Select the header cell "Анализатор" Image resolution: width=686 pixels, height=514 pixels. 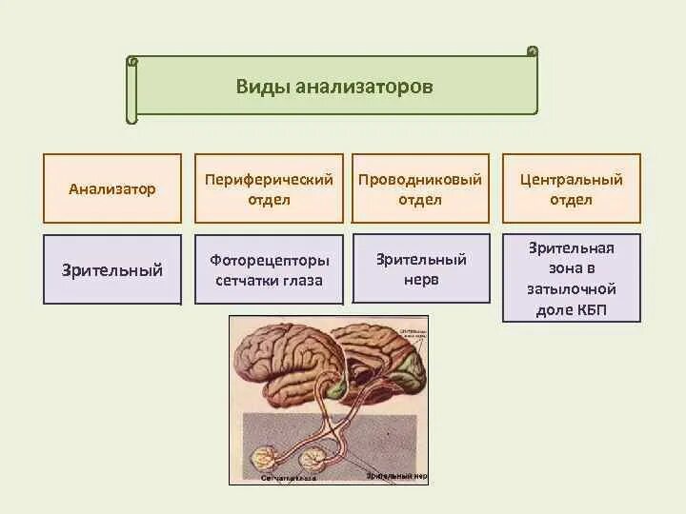[x=112, y=188]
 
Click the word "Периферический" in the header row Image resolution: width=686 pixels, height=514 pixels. [x=270, y=179]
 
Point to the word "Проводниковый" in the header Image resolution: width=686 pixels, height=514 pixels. [x=420, y=179]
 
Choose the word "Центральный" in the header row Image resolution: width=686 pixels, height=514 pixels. [x=571, y=179]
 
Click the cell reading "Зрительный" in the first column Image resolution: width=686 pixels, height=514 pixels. [x=112, y=270]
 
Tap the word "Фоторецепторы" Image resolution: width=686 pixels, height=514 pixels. [x=270, y=260]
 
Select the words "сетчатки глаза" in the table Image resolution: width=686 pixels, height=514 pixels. [x=270, y=281]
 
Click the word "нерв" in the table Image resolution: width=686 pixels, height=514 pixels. [x=420, y=280]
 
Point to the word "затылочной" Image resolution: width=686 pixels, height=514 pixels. [x=572, y=288]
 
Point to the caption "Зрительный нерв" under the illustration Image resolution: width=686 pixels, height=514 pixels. [x=394, y=474]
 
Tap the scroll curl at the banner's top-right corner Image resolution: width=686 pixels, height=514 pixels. [x=532, y=50]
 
